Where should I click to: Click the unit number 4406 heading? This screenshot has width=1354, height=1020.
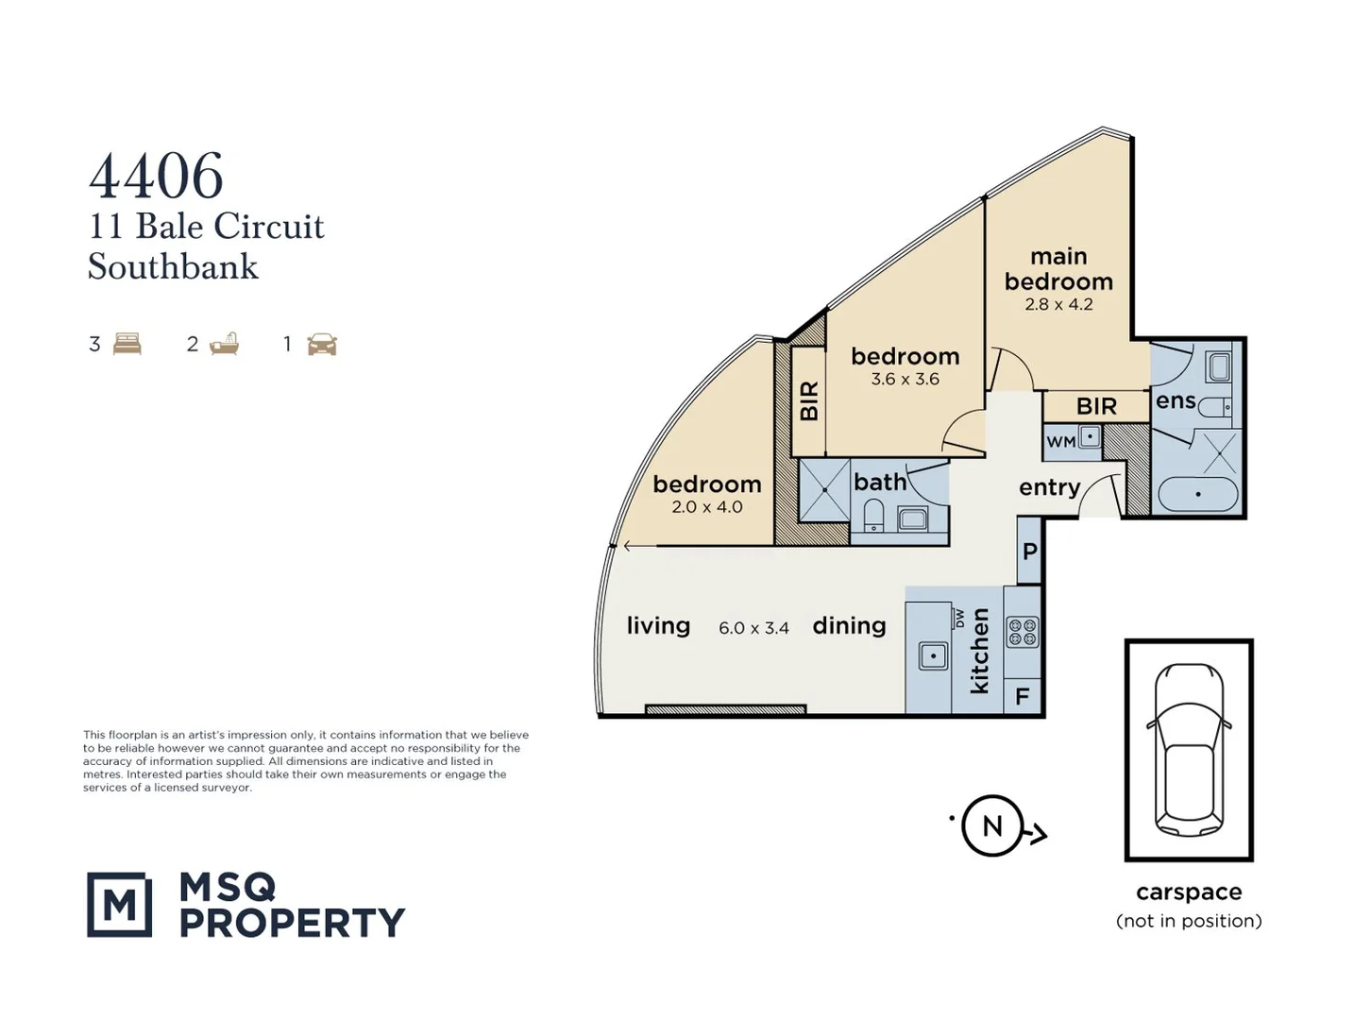[x=156, y=177]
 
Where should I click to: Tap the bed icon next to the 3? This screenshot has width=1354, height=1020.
[x=127, y=344]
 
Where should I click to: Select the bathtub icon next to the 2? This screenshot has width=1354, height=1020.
[x=225, y=344]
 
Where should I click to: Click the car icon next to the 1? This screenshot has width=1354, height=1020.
[x=322, y=345]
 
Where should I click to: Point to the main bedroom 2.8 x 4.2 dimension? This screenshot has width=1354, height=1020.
[x=1058, y=305]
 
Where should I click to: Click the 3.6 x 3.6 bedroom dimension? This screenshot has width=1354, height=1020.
[x=905, y=380]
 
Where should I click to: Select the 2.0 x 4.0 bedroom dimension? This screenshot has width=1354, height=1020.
[x=706, y=507]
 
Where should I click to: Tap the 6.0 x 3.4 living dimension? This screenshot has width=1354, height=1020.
[x=753, y=628]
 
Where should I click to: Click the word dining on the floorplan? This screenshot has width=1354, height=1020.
[x=849, y=625]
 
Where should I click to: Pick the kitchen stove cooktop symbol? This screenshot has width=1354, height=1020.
[x=1023, y=632]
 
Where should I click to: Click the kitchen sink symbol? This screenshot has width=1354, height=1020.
[x=933, y=655]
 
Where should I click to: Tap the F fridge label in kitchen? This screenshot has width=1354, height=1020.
[x=1022, y=698]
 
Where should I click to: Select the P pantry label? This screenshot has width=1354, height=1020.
[x=1029, y=552]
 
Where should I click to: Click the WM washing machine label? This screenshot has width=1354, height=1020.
[x=1061, y=442]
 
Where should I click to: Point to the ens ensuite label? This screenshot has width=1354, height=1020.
[x=1176, y=401]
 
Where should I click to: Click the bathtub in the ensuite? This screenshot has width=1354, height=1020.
[x=1197, y=494]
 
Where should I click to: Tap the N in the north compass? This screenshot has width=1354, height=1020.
[x=991, y=826]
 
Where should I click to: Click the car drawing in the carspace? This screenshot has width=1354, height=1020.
[x=1189, y=749]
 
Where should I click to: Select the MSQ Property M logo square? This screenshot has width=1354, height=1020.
[x=119, y=905]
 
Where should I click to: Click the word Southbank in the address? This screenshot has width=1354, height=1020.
[x=173, y=267]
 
